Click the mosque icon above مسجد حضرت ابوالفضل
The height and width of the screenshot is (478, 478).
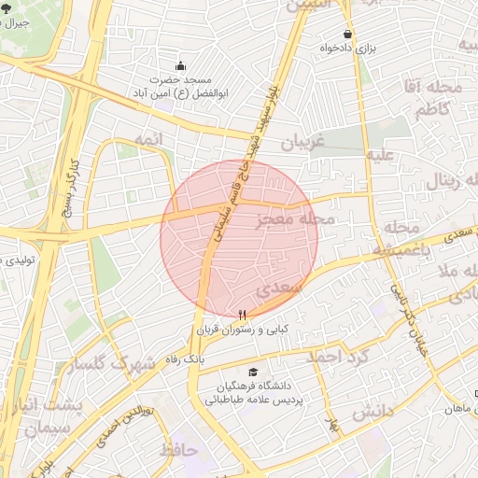(181, 66)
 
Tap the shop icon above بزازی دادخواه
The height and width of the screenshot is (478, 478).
(347, 34)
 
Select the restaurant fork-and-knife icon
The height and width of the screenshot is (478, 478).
(244, 315)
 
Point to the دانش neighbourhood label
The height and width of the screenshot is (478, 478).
(372, 411)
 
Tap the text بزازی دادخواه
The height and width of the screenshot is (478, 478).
(347, 49)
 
